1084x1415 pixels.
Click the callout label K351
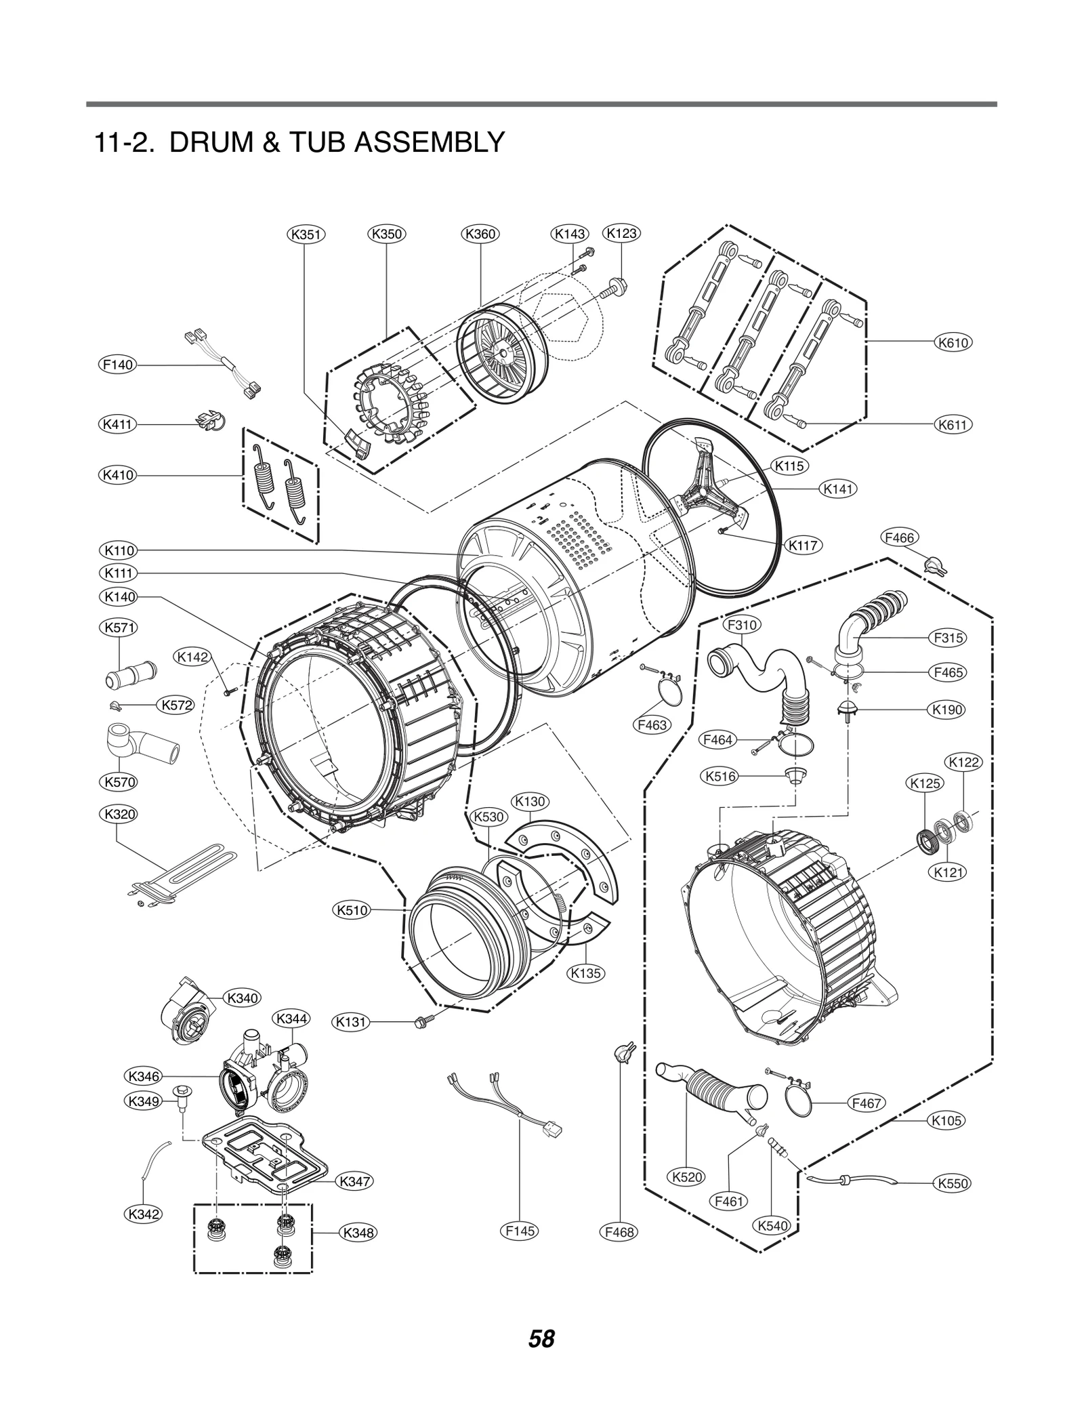(306, 234)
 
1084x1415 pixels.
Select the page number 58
(542, 1339)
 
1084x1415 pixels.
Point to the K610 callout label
(953, 342)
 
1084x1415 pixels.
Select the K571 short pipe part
(131, 675)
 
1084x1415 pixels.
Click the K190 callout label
(947, 710)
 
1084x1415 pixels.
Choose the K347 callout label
(354, 1182)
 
